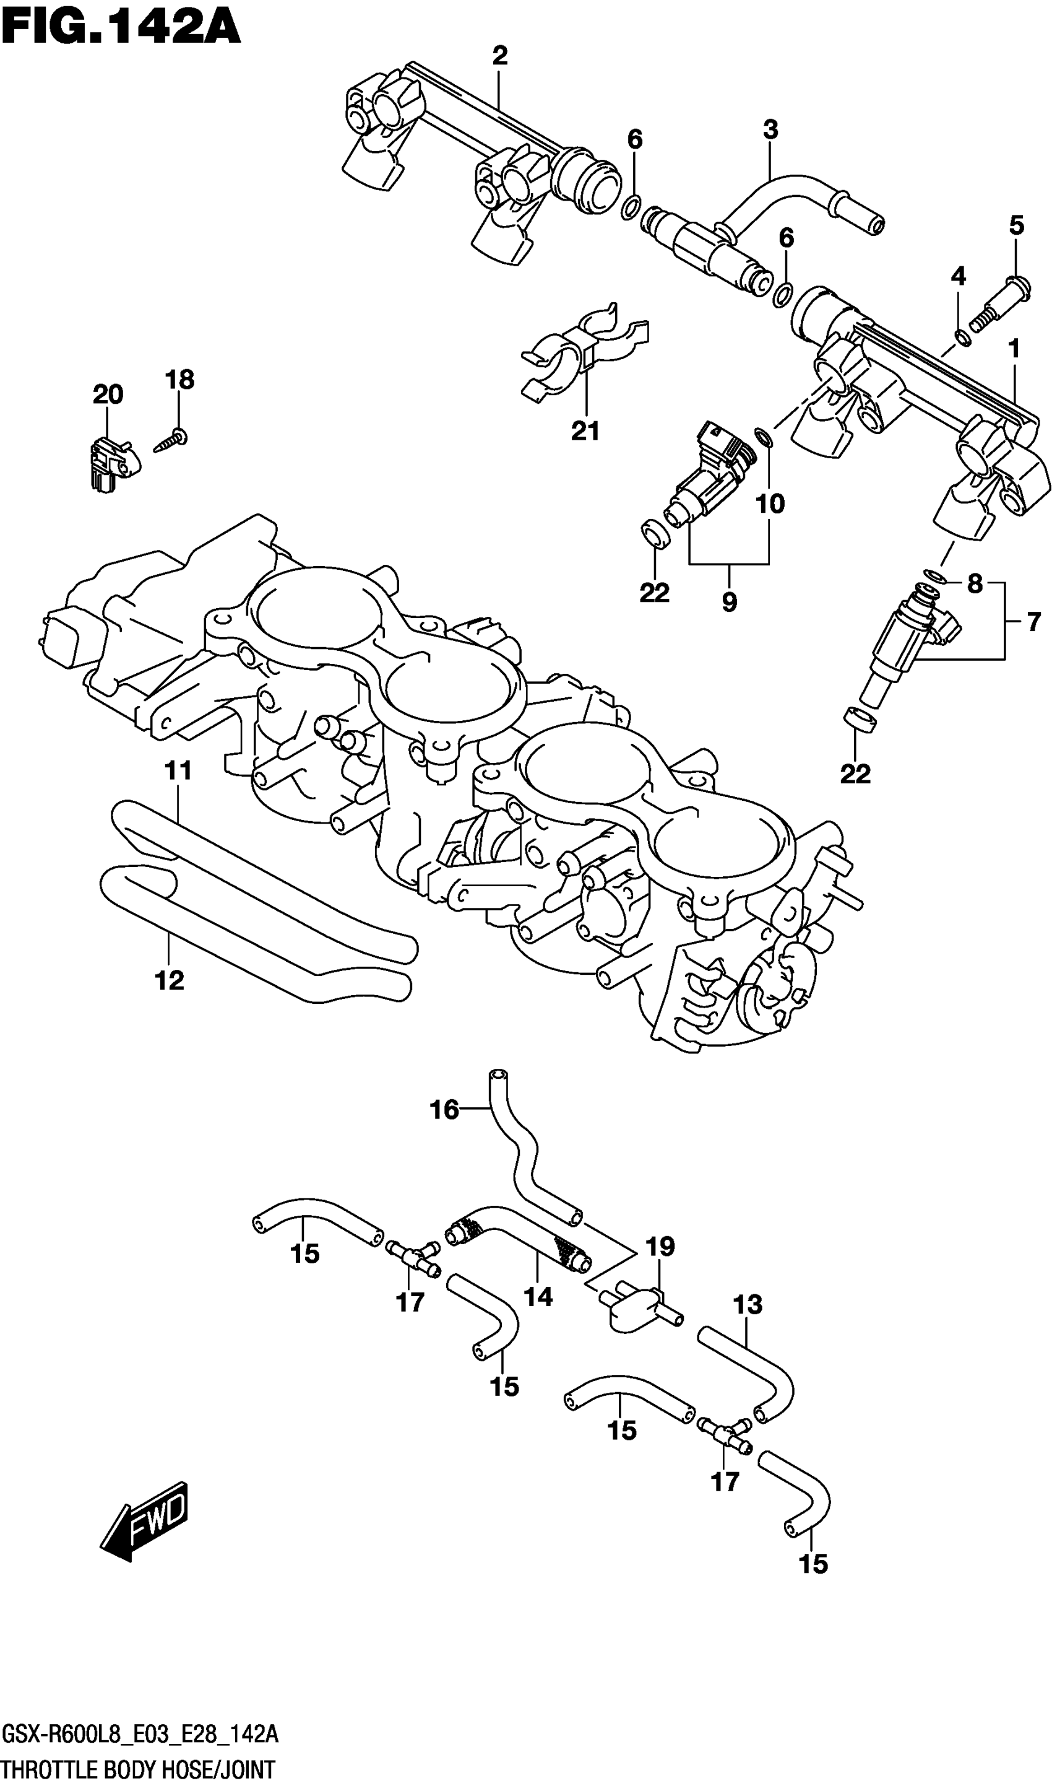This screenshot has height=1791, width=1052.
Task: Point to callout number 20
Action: click(x=108, y=394)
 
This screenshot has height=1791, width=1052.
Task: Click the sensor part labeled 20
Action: click(x=112, y=462)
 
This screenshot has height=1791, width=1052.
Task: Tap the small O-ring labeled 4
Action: click(x=962, y=338)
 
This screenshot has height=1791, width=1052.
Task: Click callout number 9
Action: click(x=729, y=602)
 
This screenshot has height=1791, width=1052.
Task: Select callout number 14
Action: click(x=538, y=1297)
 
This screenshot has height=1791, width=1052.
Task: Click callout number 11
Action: click(x=178, y=770)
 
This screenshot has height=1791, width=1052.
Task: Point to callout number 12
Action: click(x=169, y=981)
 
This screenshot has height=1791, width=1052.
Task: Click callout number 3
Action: click(x=770, y=130)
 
